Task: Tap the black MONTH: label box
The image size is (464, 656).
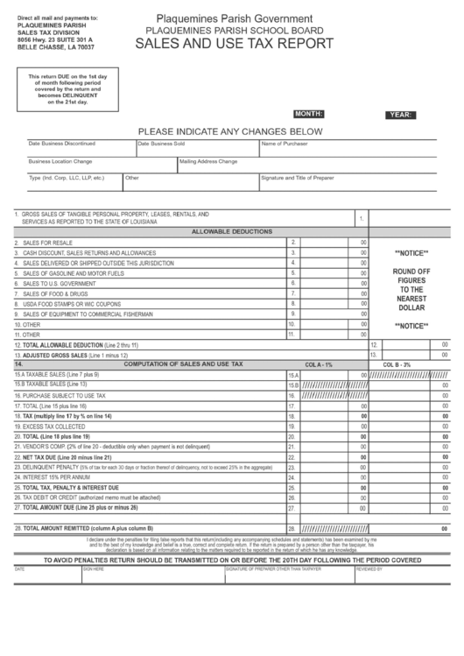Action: [x=309, y=114]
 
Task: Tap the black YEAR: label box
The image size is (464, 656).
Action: [x=400, y=115]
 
